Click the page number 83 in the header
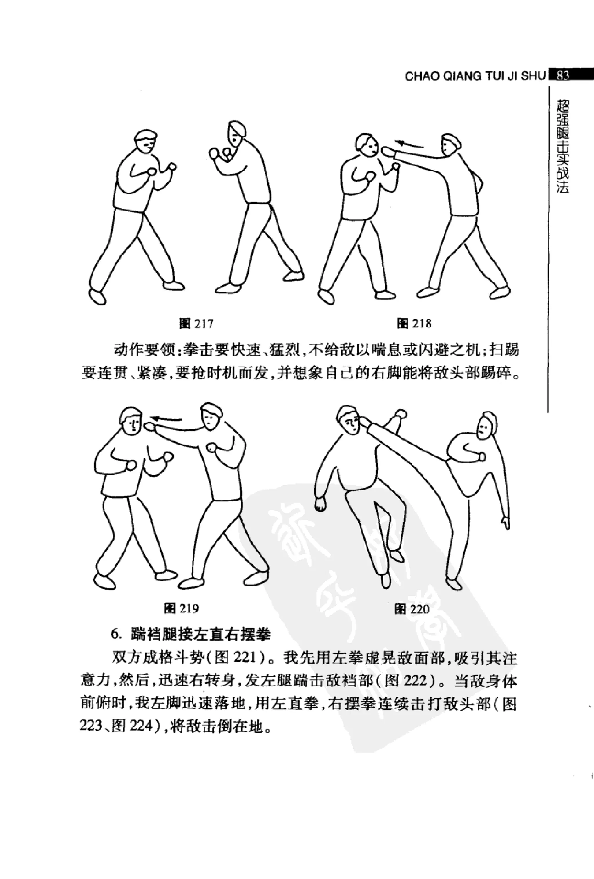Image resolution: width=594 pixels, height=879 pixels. pos(563,76)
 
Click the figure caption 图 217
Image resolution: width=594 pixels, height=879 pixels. pos(196,324)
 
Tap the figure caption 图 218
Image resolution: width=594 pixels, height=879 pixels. pos(414,324)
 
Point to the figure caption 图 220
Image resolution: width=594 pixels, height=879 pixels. pos(412,609)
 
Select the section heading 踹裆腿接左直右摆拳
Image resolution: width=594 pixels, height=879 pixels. pos(200,634)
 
